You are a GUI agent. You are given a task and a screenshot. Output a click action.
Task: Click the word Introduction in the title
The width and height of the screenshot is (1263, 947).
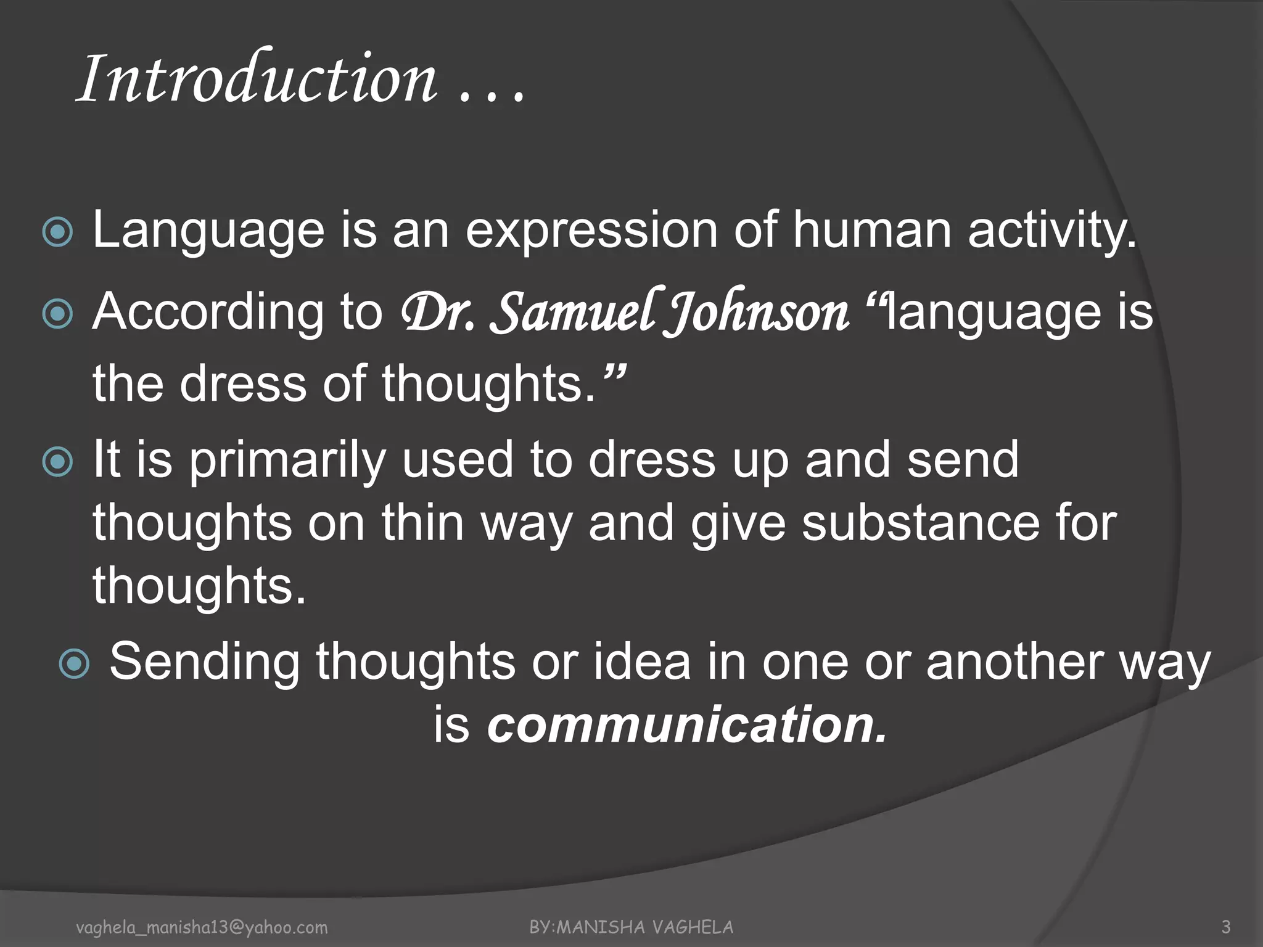point(258,79)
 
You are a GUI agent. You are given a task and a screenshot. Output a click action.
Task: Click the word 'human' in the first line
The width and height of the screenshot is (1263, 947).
point(872,231)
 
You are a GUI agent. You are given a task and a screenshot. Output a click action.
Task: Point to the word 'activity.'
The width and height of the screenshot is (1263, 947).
point(1052,232)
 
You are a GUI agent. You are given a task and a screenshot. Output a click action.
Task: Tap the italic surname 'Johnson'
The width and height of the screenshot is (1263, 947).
point(756,313)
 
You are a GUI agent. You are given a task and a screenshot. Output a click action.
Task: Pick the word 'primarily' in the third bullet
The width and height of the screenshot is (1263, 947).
point(287,461)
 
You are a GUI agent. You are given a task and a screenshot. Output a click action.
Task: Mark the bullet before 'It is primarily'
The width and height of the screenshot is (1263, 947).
point(58,462)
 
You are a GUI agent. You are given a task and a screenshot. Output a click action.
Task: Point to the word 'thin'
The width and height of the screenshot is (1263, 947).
point(422,522)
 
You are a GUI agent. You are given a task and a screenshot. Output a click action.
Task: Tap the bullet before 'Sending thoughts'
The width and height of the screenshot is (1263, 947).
point(75,663)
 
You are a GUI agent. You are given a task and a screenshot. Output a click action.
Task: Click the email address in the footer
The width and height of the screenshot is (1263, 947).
point(202,927)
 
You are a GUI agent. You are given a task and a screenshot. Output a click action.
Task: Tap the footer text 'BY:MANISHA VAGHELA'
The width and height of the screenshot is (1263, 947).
point(631,927)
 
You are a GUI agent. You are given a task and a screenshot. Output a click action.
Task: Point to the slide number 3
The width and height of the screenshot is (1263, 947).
point(1226,927)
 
